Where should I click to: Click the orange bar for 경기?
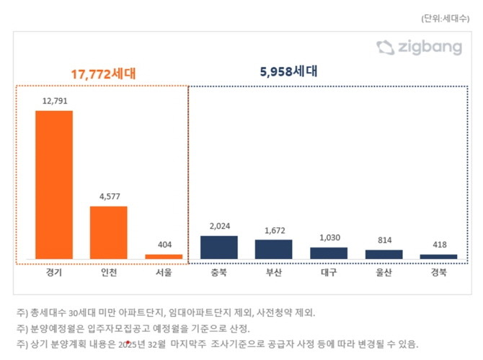pyautogui.click(x=54, y=185)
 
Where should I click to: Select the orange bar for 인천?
pyautogui.click(x=108, y=232)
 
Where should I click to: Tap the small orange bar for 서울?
pyautogui.click(x=164, y=256)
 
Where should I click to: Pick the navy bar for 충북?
pyautogui.click(x=218, y=245)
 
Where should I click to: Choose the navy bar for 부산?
pyautogui.click(x=273, y=249)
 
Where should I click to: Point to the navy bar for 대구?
pyautogui.click(x=329, y=253)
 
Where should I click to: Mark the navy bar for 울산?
pyautogui.click(x=384, y=254)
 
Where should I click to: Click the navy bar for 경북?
pyautogui.click(x=438, y=256)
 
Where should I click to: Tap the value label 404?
pyautogui.click(x=164, y=245)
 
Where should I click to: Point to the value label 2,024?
pyautogui.click(x=218, y=226)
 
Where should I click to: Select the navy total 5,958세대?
pyautogui.click(x=288, y=72)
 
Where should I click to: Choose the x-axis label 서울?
pyautogui.click(x=164, y=273)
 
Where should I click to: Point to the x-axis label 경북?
pyautogui.click(x=438, y=273)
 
